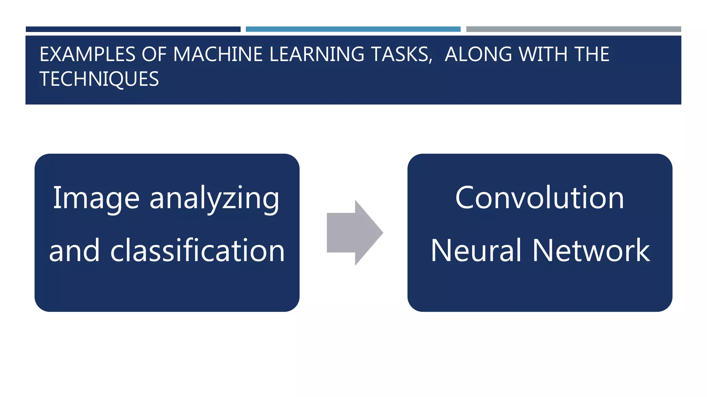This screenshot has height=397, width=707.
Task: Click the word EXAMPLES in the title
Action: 87,54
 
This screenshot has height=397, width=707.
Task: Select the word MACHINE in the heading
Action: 218,54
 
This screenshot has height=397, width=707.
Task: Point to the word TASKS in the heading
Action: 401,54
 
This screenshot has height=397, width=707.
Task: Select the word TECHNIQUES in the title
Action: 99,79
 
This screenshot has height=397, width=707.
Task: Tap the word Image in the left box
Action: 96,198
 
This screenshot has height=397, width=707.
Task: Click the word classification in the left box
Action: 197,251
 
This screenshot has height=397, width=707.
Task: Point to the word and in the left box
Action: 74,251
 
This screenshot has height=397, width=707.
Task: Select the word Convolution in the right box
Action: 540,198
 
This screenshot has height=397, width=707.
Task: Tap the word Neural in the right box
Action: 476,251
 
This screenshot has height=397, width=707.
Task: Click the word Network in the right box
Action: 591,251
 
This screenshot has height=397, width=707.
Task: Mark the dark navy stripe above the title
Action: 133,29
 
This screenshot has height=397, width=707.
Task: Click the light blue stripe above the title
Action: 353,29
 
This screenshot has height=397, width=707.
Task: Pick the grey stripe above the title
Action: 573,29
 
